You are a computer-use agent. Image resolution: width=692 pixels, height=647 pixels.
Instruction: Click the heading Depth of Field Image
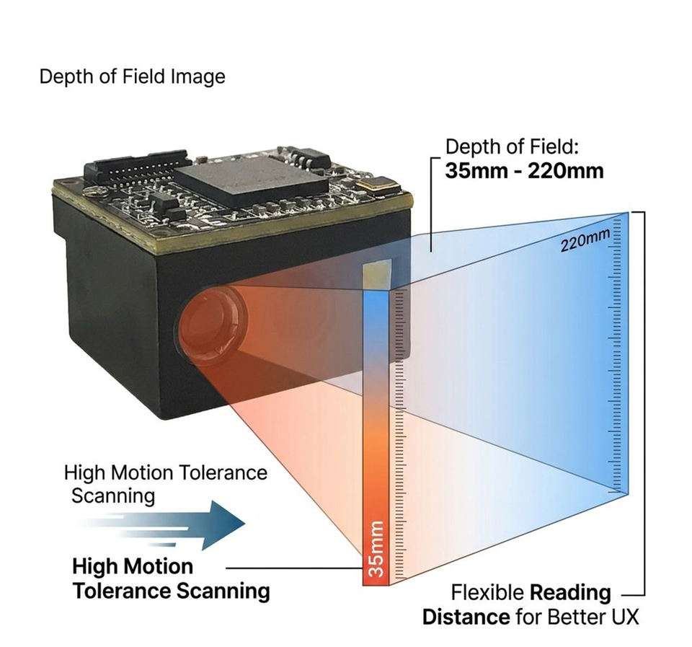(133, 76)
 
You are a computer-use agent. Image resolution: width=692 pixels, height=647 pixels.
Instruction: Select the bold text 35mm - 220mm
(524, 171)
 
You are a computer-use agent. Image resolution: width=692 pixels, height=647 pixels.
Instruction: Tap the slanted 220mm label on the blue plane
(585, 239)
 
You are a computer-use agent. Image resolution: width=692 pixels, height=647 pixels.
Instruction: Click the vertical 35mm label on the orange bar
(376, 548)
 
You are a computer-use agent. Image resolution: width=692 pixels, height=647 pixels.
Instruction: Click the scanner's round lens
(212, 325)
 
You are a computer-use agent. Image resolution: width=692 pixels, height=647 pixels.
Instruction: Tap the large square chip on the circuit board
(252, 179)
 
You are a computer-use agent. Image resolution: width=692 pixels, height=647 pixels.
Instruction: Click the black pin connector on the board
(137, 168)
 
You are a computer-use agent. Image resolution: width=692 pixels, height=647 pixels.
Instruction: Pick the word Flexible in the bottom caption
(487, 592)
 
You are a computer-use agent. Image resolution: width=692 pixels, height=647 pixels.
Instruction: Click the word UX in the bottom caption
(624, 617)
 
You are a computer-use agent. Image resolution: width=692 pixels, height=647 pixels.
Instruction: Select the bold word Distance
(466, 617)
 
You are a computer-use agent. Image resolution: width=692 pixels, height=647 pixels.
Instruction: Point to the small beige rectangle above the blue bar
(376, 275)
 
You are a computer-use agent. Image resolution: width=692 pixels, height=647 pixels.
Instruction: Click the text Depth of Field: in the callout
(512, 146)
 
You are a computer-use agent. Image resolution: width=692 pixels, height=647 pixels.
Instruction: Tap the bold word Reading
(570, 593)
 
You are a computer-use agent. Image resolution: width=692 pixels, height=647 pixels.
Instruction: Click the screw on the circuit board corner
(92, 190)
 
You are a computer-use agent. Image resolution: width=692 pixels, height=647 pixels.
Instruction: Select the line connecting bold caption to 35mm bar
(294, 568)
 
